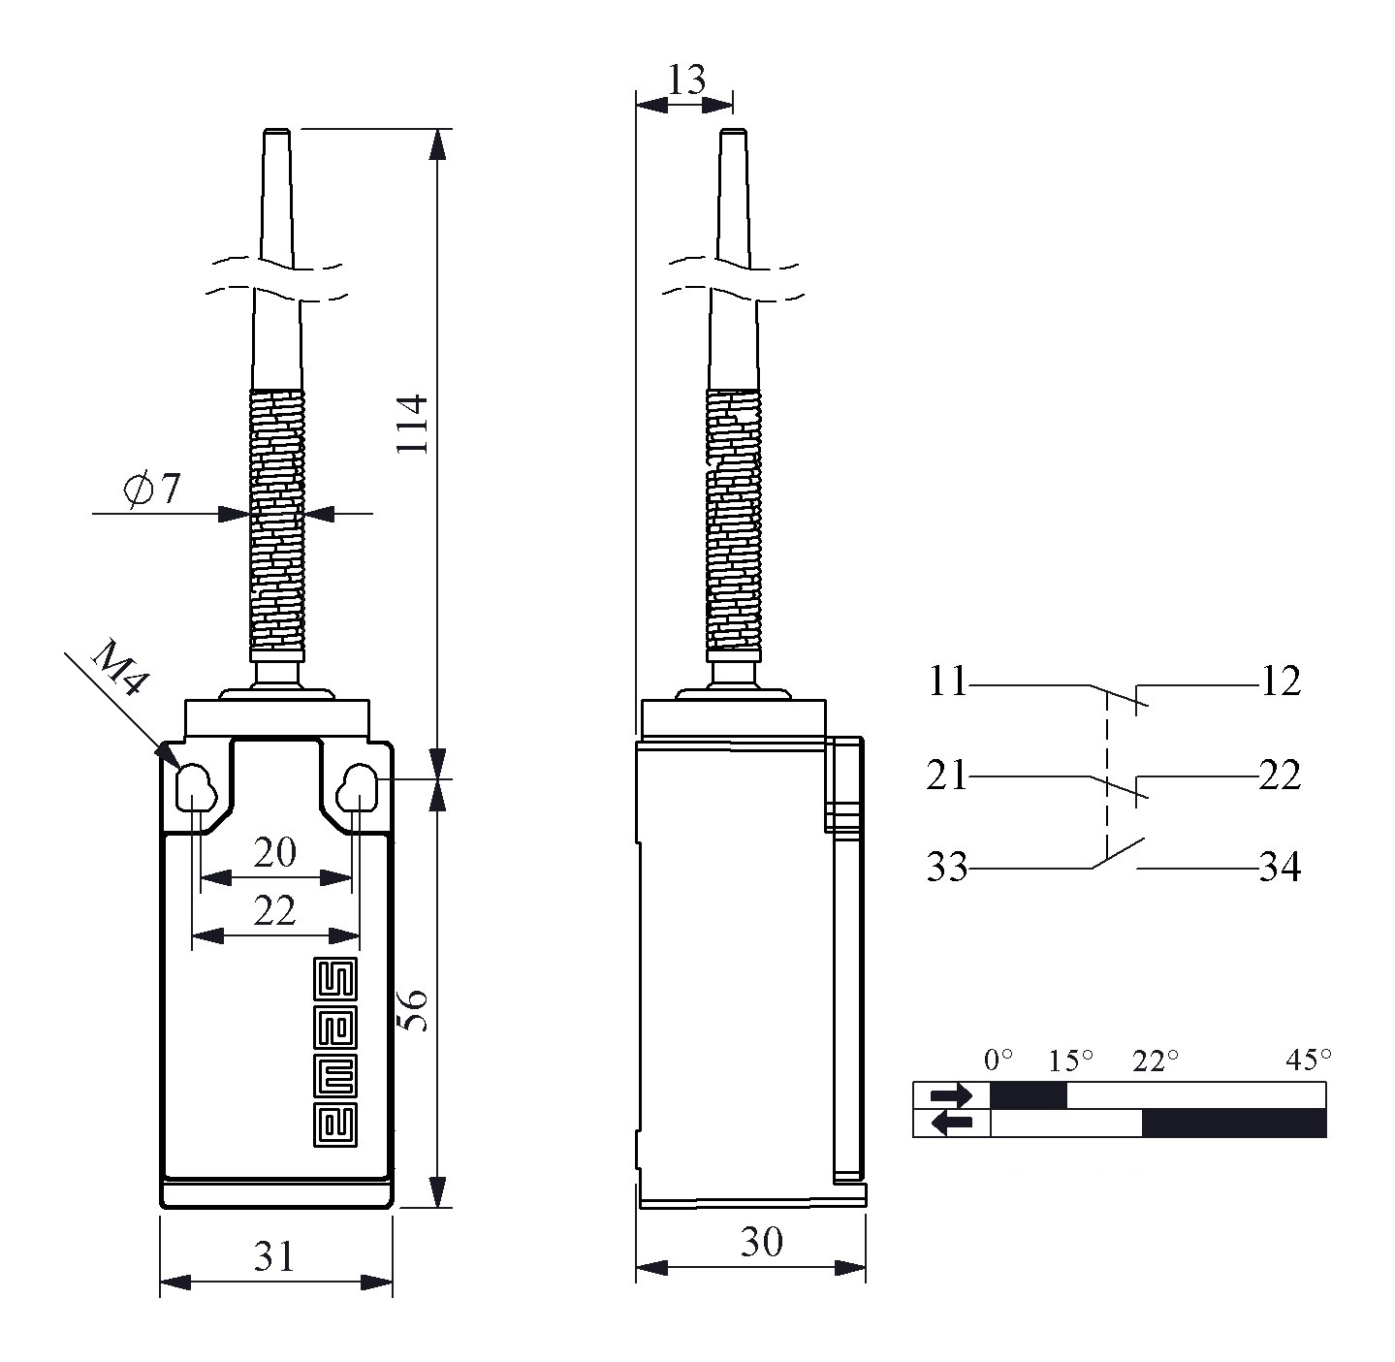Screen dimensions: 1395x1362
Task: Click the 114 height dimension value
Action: (x=413, y=424)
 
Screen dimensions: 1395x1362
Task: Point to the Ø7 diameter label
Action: (x=151, y=490)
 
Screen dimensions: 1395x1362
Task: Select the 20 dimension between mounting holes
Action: (x=274, y=852)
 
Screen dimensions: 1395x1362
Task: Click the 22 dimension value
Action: (x=274, y=911)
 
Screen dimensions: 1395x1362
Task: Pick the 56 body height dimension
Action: (x=413, y=1010)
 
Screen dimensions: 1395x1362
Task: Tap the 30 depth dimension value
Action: (x=761, y=1241)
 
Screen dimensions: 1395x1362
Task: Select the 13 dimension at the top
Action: (x=686, y=79)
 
